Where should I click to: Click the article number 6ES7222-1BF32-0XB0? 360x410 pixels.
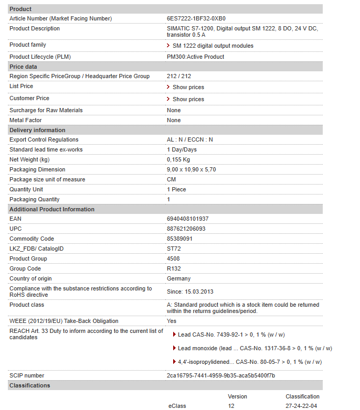pos(196,18)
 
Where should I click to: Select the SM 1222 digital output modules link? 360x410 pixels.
pos(213,46)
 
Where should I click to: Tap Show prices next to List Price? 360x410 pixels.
pos(188,87)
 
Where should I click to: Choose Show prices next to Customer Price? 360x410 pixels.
pos(188,99)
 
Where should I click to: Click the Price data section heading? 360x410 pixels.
pos(23,67)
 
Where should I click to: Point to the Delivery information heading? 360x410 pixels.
pos(37,130)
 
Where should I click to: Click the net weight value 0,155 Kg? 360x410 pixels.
pos(178,159)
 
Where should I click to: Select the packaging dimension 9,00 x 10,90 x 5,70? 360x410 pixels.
pos(191,169)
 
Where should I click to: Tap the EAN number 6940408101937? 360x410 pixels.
pos(187,219)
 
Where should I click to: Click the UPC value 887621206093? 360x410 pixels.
pos(186,229)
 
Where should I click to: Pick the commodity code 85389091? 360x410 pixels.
pos(179,239)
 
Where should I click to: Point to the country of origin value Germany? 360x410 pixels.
pos(178,278)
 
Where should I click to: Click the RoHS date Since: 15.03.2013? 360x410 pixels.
pos(190,292)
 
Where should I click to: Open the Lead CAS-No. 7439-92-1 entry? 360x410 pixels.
pos(231,335)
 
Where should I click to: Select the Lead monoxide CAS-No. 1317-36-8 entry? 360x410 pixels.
pos(255,348)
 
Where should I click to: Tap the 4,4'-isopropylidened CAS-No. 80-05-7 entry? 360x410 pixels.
pos(249,362)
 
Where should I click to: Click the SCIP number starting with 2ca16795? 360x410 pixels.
pos(220,375)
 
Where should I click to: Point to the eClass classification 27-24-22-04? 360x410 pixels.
pos(301,406)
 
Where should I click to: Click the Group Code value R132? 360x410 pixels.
pos(174,268)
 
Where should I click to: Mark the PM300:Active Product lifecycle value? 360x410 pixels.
pos(195,57)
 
